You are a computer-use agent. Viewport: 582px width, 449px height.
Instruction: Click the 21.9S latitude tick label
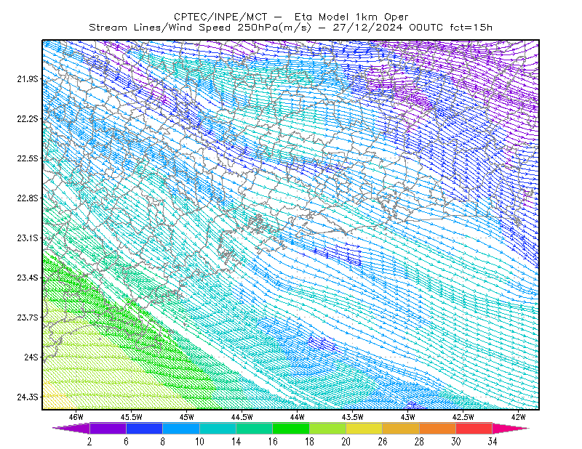pos(28,78)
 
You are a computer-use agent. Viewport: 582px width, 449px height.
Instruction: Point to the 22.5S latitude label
pos(28,158)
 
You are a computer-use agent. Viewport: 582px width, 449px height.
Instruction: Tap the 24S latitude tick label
pos(31,357)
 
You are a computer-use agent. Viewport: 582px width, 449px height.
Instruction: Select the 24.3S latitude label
pos(28,397)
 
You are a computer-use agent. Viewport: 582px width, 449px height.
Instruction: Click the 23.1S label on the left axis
pos(28,238)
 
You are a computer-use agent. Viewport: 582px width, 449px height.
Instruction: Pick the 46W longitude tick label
pos(76,417)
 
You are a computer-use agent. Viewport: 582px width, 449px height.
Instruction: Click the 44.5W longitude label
pos(242,417)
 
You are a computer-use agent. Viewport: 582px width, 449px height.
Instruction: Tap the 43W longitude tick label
pos(408,417)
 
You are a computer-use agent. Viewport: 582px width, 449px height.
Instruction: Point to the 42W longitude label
pos(519,417)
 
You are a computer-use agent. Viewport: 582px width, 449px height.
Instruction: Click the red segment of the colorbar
pos(474,428)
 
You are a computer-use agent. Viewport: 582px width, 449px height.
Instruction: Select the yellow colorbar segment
pos(364,428)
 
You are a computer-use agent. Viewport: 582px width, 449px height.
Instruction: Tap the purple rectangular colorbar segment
pos(108,428)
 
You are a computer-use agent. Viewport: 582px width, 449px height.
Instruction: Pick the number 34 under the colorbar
pos(493,442)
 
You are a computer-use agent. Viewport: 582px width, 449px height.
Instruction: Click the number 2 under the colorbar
pos(89,442)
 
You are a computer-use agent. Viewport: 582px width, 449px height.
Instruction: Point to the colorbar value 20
pos(346,442)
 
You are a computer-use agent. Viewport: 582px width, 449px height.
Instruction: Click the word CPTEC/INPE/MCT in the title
pos(220,17)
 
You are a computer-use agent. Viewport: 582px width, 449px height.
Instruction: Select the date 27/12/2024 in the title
pos(367,28)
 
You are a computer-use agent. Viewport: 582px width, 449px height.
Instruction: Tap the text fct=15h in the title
pos(471,28)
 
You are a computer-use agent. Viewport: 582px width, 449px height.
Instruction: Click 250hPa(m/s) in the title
pos(274,28)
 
